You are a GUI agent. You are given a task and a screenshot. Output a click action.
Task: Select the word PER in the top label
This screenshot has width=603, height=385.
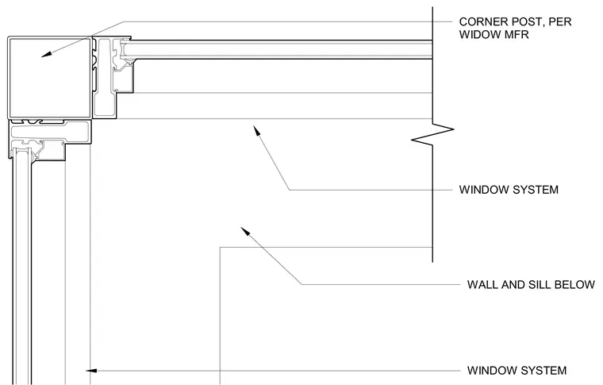click(560, 22)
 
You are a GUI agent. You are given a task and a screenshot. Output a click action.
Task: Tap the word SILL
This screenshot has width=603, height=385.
click(539, 285)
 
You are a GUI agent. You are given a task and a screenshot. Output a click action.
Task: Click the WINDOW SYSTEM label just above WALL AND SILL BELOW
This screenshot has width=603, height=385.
click(509, 190)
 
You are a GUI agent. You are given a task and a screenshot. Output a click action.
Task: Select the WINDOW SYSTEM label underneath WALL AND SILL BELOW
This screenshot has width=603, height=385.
click(517, 371)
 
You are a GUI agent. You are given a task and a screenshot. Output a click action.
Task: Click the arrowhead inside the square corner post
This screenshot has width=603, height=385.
click(46, 55)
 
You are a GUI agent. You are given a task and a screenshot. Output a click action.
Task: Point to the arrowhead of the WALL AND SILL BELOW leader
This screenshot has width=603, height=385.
click(245, 231)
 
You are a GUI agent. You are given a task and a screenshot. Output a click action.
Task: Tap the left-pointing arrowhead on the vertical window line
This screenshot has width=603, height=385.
click(90, 371)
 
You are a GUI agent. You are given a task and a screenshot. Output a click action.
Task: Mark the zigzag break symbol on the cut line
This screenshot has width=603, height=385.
click(432, 135)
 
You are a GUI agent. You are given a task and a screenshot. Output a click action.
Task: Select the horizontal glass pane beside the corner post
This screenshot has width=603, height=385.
click(278, 50)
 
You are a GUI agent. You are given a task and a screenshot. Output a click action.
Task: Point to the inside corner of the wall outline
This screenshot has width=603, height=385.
click(220, 248)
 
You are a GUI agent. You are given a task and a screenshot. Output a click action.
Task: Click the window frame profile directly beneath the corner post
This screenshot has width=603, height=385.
click(50, 139)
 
